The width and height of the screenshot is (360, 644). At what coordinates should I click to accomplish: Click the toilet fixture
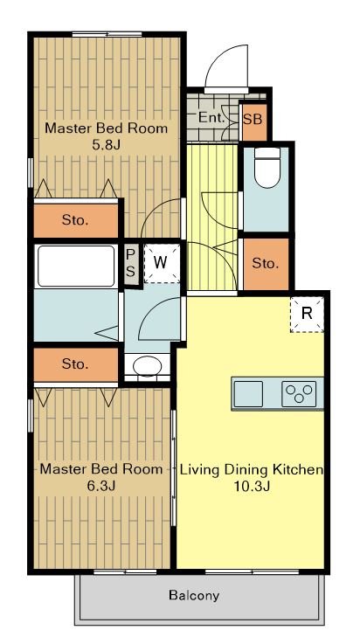point(267,168)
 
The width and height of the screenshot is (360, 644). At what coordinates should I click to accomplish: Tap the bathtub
point(76,266)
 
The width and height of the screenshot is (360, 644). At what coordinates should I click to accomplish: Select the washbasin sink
point(148,364)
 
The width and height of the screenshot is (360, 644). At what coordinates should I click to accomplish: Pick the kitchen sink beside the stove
point(248,394)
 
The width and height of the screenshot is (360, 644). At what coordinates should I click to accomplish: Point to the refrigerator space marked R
point(307,314)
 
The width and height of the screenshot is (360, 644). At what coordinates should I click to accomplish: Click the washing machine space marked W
point(162,263)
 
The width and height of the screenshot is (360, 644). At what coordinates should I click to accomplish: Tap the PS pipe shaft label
point(129,264)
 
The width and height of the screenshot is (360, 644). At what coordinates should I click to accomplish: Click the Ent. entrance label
point(211,118)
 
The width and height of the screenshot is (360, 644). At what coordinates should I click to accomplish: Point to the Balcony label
point(194,595)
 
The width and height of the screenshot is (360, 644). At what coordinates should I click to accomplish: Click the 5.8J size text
point(107,145)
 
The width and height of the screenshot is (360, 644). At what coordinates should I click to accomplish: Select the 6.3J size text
point(100,486)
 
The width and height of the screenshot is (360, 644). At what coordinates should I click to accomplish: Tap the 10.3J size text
point(252,487)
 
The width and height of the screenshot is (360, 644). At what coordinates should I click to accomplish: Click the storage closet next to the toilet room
point(266,264)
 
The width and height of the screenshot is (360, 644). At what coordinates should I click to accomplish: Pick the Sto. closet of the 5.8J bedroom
point(75,220)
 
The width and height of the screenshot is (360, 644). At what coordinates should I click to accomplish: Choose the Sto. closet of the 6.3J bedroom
point(75,364)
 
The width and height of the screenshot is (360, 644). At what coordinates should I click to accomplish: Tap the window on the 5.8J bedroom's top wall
point(107,34)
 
